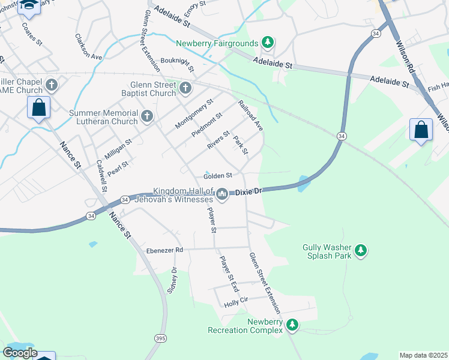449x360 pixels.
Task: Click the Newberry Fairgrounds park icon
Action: coord(268,43)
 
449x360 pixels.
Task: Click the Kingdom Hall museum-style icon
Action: coord(222,194)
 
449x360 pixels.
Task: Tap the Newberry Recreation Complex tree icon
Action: coord(292,325)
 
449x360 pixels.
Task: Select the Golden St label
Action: coord(217,176)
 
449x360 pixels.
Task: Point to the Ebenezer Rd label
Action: coord(164,250)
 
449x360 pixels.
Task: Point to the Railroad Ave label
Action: coord(251,116)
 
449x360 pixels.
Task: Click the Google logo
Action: coord(19,353)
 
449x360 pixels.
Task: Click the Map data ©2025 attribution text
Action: coord(423,355)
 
